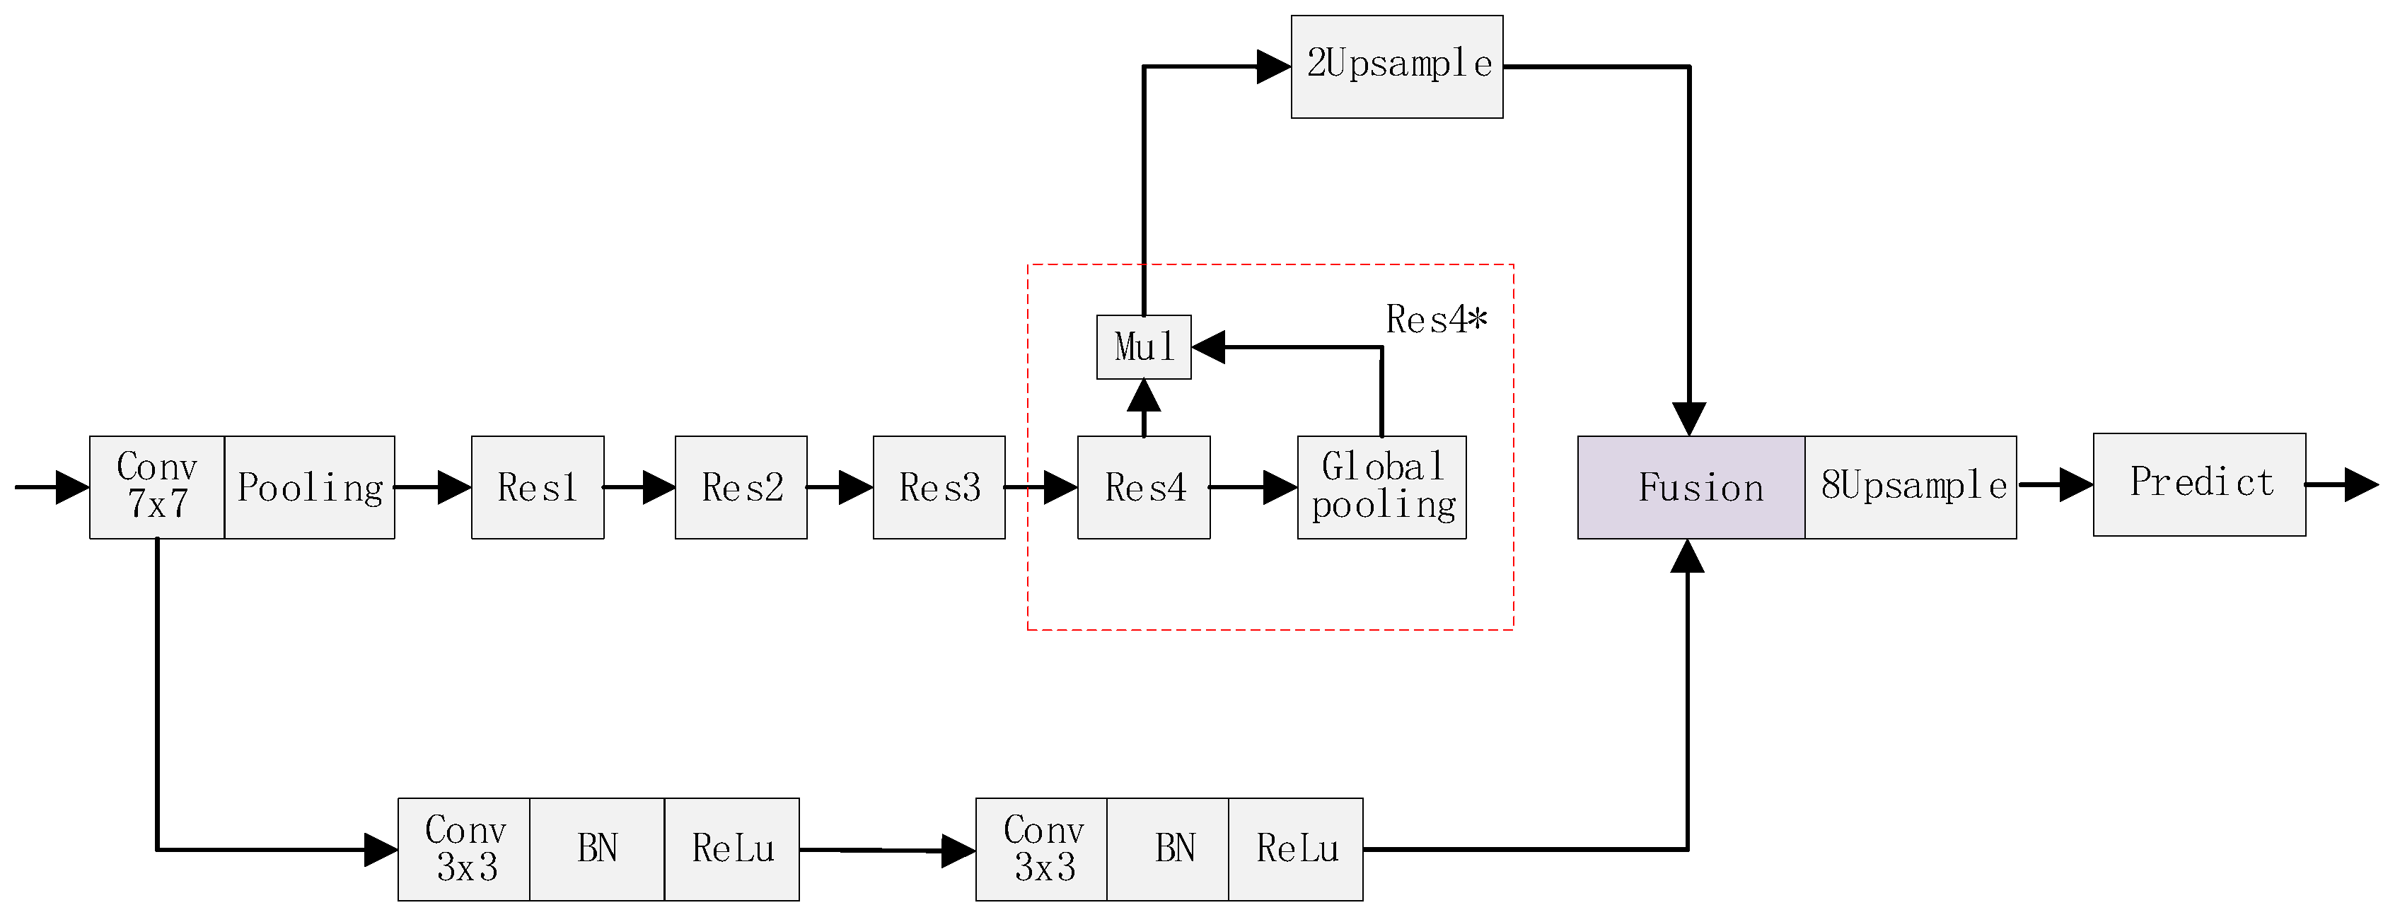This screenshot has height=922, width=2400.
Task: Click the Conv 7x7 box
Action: pyautogui.click(x=156, y=487)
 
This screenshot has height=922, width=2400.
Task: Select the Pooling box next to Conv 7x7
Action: pyautogui.click(x=309, y=487)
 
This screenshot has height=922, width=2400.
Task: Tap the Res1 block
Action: pyautogui.click(x=538, y=487)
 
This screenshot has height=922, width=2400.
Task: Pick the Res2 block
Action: pyautogui.click(x=741, y=487)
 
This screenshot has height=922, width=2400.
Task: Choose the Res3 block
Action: pyautogui.click(x=939, y=487)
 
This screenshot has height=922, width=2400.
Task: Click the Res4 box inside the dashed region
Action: pyautogui.click(x=1144, y=487)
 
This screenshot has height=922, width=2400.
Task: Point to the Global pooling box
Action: pyautogui.click(x=1381, y=487)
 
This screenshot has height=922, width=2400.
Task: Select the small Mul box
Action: pyautogui.click(x=1144, y=347)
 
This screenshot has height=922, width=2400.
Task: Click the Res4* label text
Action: pyautogui.click(x=1436, y=320)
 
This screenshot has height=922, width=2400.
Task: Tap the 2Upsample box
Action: pyautogui.click(x=1396, y=66)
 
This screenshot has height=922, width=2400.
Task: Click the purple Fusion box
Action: pyautogui.click(x=1691, y=487)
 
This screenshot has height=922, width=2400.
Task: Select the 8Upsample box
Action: pyautogui.click(x=1911, y=487)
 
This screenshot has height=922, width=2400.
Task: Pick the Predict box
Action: pyautogui.click(x=2200, y=484)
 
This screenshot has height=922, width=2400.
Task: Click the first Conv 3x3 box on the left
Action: pyautogui.click(x=464, y=849)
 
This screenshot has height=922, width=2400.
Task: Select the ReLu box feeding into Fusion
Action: pyautogui.click(x=1296, y=849)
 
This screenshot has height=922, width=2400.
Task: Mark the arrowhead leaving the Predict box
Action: pyautogui.click(x=2362, y=484)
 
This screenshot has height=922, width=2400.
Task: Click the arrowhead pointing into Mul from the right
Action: pyautogui.click(x=1208, y=347)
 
